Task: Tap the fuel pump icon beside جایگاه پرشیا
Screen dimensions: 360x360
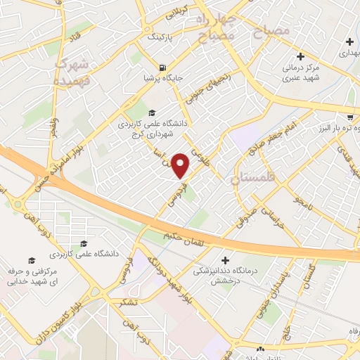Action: pos(163,68)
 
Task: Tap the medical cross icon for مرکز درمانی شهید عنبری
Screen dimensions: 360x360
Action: pos(301,56)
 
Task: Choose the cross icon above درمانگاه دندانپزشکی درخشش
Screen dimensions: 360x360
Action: pos(224,259)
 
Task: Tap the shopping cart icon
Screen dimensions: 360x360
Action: pos(350,117)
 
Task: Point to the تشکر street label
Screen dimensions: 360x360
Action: pos(129,302)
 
